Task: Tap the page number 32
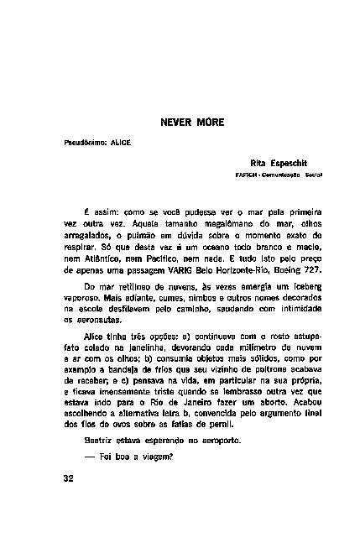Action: click(x=69, y=478)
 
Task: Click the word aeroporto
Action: click(x=216, y=440)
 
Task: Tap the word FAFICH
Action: click(x=248, y=175)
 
